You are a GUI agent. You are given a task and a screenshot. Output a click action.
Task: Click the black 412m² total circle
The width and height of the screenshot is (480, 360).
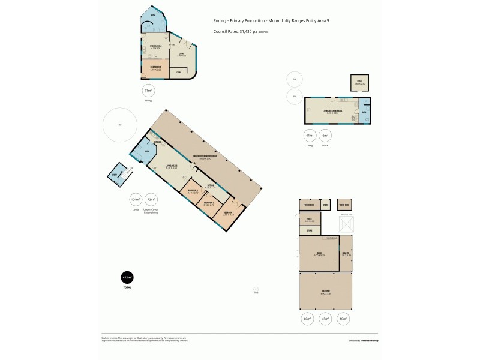click(127, 278)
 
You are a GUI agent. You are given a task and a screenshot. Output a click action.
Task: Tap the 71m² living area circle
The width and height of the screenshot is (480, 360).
click(148, 91)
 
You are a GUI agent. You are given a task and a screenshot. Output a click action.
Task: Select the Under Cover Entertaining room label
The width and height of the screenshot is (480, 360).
click(205, 158)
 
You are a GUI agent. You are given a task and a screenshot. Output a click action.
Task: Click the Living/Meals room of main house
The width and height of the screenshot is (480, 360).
click(172, 167)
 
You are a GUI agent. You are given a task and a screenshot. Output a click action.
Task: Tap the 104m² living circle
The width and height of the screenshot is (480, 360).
click(136, 199)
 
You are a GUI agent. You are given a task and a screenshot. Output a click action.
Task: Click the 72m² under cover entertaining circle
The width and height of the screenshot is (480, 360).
click(151, 199)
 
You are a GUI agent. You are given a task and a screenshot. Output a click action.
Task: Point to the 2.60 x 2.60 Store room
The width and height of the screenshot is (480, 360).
click(360, 83)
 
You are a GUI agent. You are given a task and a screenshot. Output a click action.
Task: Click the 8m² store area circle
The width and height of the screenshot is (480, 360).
click(325, 136)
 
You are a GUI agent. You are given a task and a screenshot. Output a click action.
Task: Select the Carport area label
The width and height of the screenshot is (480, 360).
click(326, 292)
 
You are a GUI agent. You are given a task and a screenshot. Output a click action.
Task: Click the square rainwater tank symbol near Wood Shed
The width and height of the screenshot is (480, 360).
click(346, 225)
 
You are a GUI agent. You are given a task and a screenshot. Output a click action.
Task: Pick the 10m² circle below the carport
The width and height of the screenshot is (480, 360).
click(343, 318)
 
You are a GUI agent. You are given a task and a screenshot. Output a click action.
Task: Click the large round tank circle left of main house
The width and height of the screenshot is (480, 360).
click(120, 125)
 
